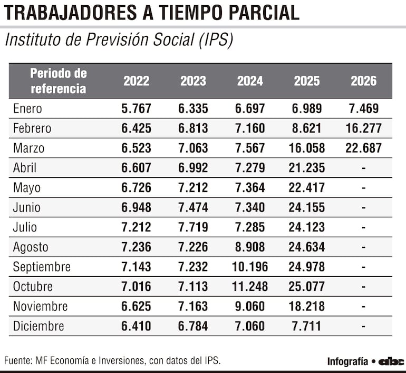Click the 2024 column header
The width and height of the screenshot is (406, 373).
click(x=250, y=81)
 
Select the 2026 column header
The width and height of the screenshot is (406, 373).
click(x=363, y=81)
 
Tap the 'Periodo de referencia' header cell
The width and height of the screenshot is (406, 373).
click(x=58, y=81)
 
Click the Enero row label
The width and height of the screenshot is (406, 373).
click(x=27, y=109)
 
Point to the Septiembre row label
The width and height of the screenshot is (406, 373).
click(x=42, y=267)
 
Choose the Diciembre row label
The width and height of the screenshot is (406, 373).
click(x=38, y=326)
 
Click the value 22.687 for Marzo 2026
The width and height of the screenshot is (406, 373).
click(x=363, y=148)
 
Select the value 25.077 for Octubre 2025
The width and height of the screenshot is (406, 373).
click(x=307, y=287)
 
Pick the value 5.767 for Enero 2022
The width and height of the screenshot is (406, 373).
click(x=136, y=109)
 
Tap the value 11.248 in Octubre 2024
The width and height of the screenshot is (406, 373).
click(x=250, y=287)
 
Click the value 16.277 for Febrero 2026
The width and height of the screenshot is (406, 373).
click(x=363, y=128)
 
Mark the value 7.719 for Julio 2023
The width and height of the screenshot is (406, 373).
click(x=193, y=227)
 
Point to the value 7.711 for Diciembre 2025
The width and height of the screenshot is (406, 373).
click(x=307, y=326)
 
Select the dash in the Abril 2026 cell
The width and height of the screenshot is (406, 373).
click(x=363, y=168)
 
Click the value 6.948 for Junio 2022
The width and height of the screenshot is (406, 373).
click(x=136, y=208)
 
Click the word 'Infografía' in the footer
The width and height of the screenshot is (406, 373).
click(x=347, y=361)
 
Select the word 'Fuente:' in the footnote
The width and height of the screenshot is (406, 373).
click(x=18, y=361)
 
